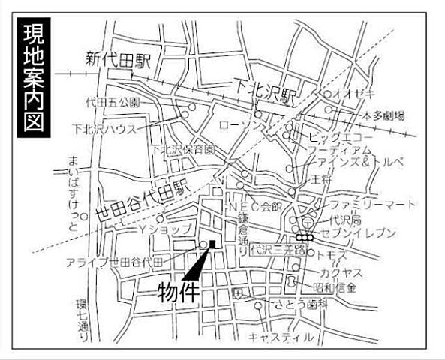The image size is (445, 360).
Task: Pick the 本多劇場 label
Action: click(x=383, y=115)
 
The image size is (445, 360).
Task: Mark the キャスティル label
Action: click(x=281, y=337)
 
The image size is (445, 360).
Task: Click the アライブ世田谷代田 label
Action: click(x=113, y=260)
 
